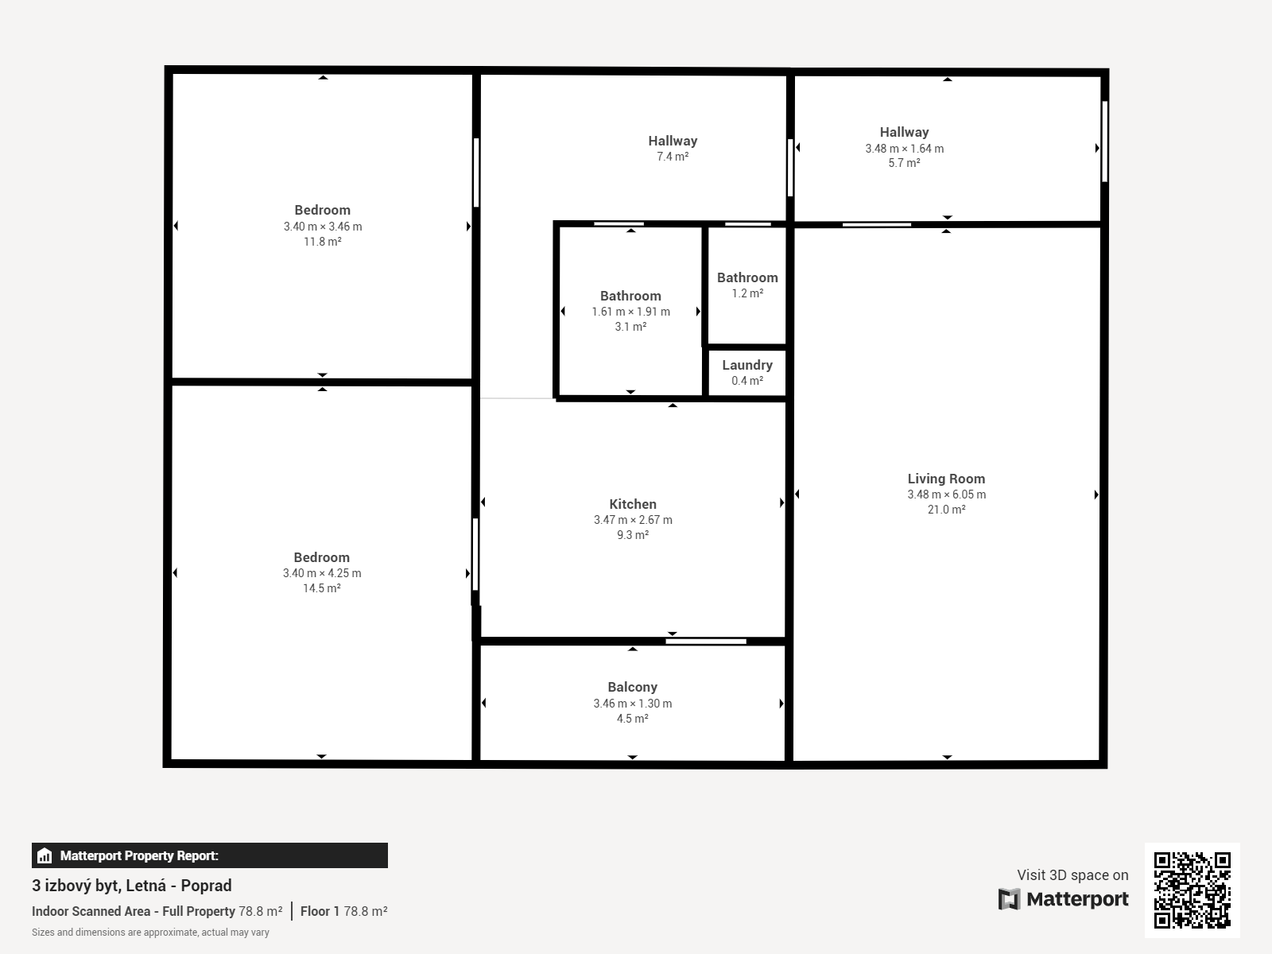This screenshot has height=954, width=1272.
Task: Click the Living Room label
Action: coord(946,479)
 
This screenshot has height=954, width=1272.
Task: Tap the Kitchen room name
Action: coord(632,505)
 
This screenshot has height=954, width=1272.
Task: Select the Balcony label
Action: coord(632,688)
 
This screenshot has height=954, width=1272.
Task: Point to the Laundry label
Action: coord(747,366)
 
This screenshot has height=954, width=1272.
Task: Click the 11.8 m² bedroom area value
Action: coord(322,242)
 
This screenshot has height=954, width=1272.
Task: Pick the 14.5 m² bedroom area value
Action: coord(322,588)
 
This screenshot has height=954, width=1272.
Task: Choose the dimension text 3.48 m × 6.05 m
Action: coord(946,494)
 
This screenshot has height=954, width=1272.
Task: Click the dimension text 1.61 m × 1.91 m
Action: coord(630,312)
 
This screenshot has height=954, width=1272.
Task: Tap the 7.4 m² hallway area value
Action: coord(673,157)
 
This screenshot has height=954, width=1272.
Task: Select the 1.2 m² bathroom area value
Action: coord(747,293)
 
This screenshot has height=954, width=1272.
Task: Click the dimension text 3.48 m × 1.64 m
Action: coord(904,149)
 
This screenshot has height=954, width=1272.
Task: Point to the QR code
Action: coord(1192,890)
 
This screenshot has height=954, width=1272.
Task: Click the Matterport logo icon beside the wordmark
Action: coord(1009,899)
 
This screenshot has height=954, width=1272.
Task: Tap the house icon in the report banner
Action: coord(45,855)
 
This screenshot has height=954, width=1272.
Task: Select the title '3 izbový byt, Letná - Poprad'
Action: coord(131,886)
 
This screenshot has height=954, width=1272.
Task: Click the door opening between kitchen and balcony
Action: coord(706,642)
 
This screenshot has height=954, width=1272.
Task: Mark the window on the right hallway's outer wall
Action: coord(1104,142)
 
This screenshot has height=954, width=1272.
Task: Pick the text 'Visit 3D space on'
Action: coord(1072,875)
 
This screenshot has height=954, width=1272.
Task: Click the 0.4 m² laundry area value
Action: coord(747,381)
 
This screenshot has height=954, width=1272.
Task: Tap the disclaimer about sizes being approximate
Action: coord(151,933)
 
